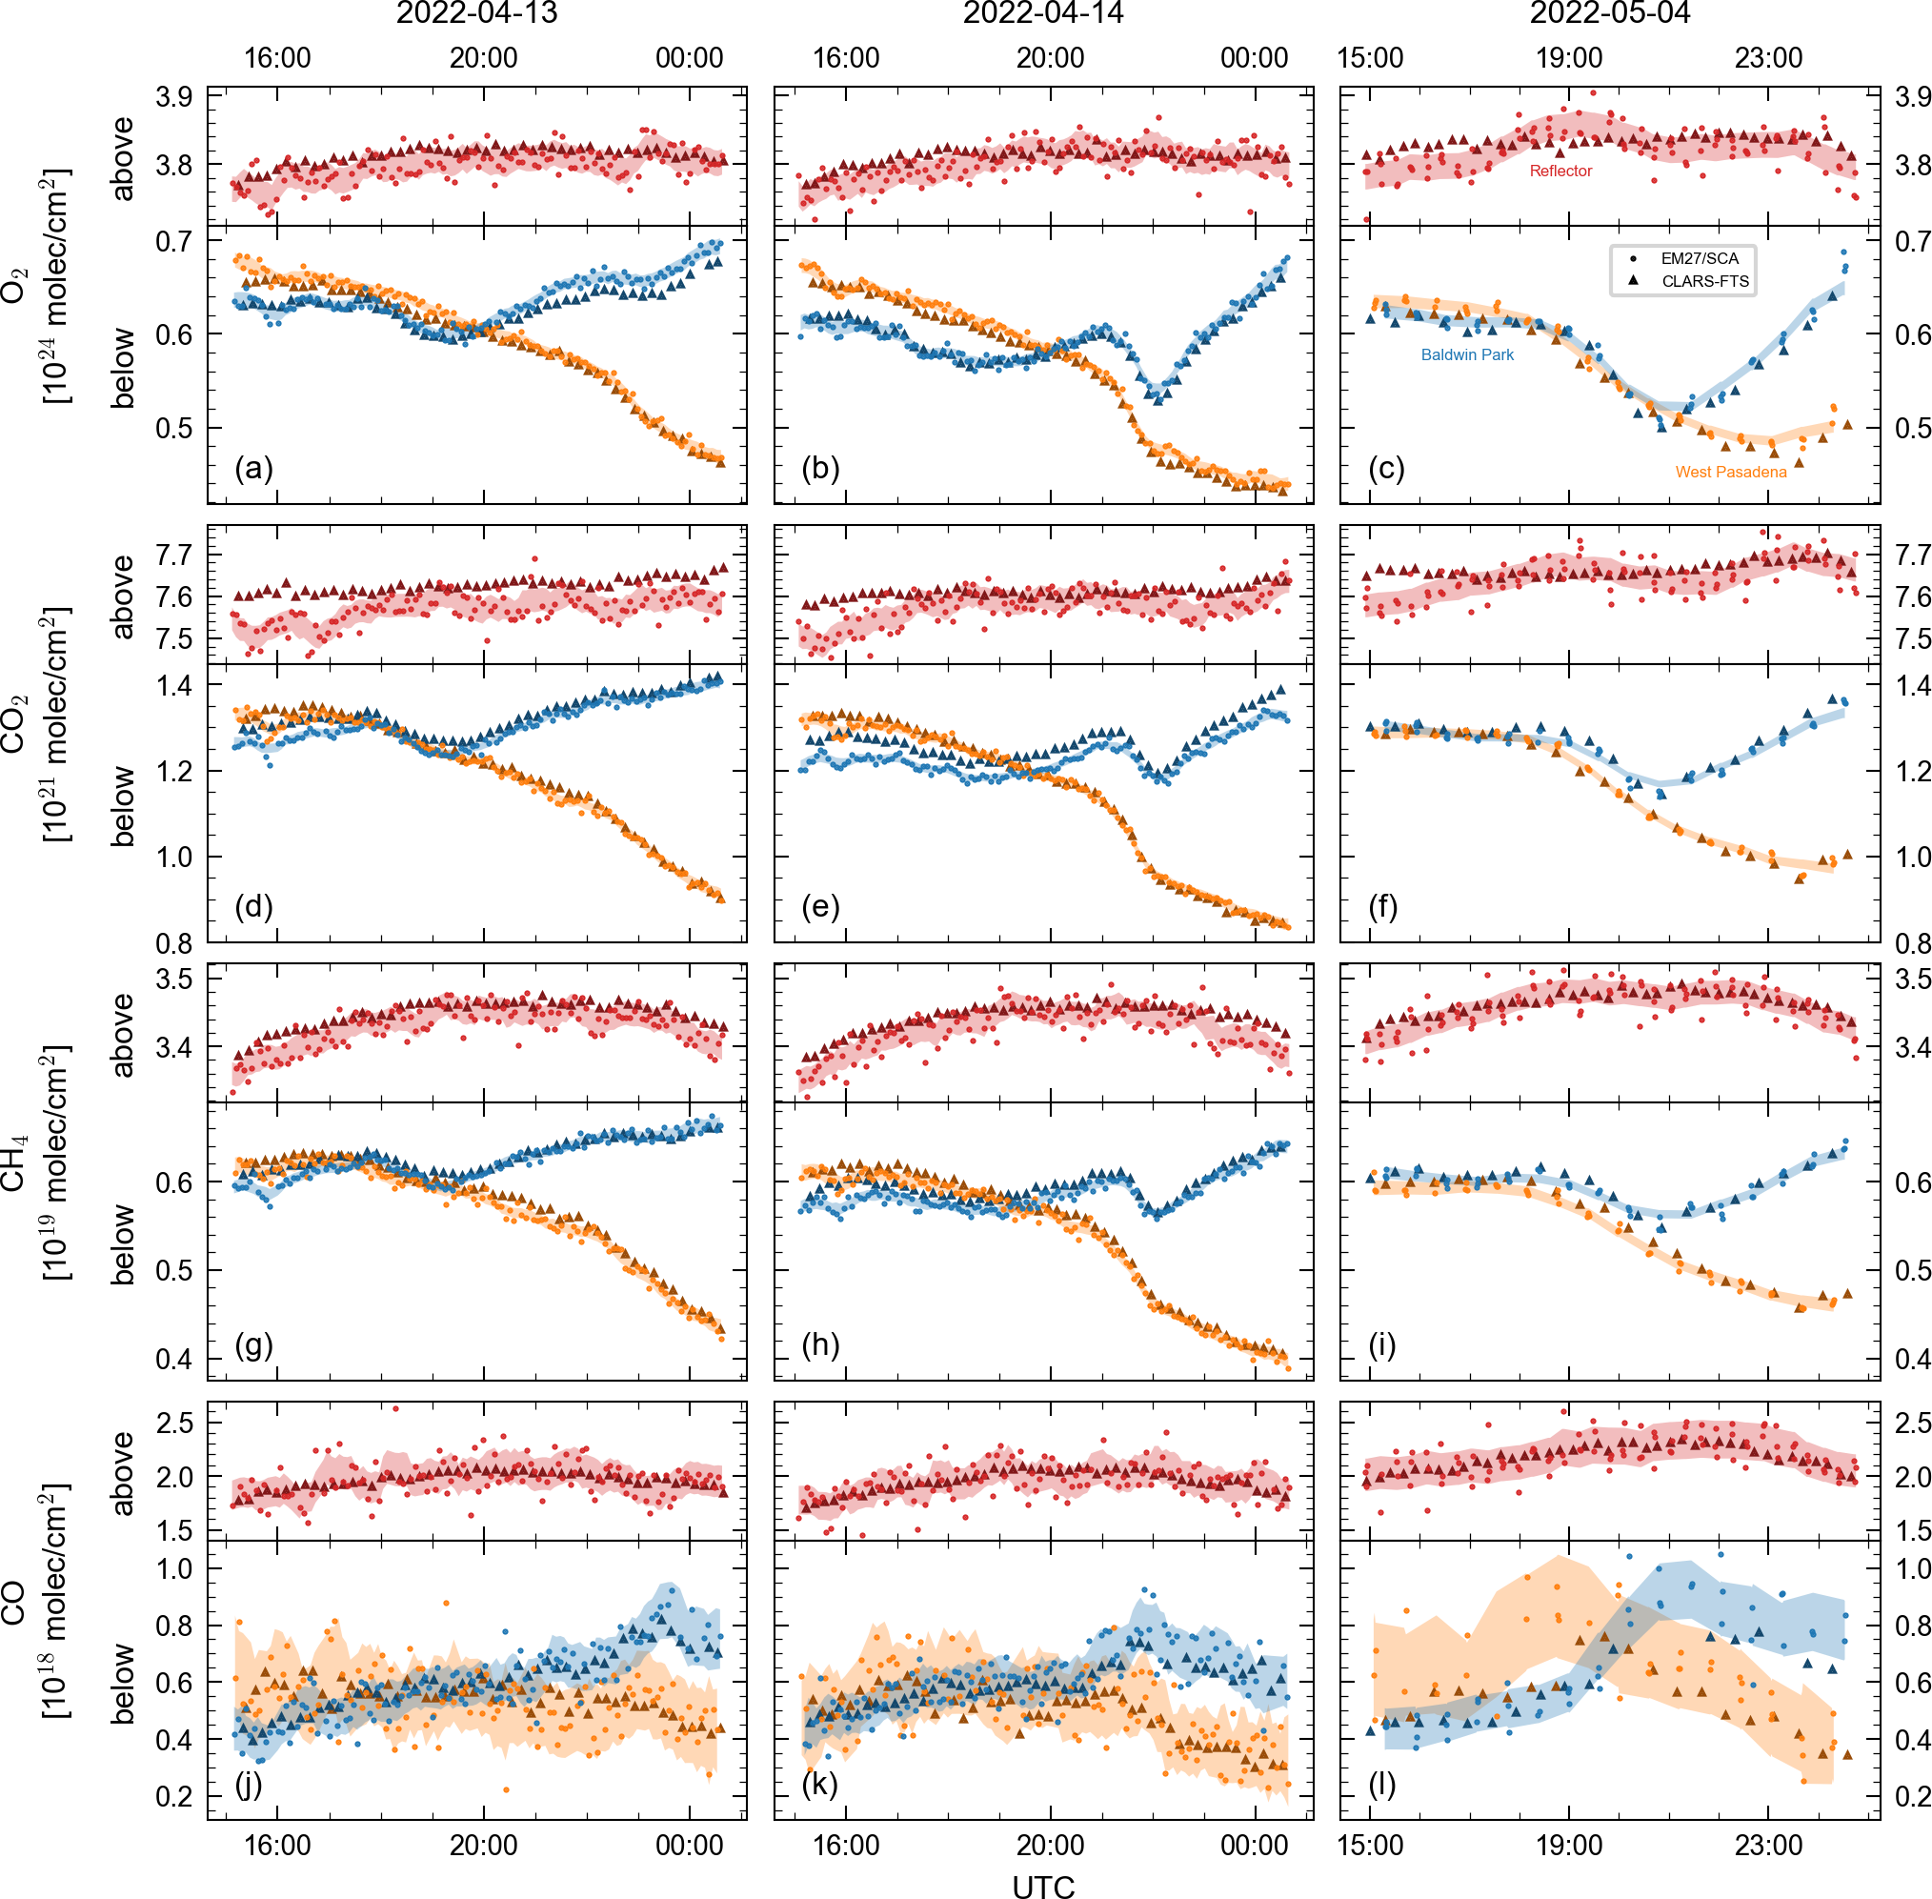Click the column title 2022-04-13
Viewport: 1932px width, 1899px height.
pyautogui.click(x=476, y=14)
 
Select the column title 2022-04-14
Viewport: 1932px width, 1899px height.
pyautogui.click(x=1043, y=14)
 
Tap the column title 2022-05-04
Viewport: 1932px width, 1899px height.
pyautogui.click(x=1610, y=14)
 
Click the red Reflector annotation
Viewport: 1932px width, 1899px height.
pyautogui.click(x=1561, y=172)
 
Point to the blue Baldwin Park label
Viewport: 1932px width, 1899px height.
pyautogui.click(x=1467, y=355)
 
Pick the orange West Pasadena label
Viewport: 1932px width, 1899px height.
pyautogui.click(x=1731, y=473)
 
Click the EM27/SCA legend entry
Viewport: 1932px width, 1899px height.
pyautogui.click(x=1700, y=258)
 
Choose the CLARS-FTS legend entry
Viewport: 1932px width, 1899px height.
pyautogui.click(x=1704, y=281)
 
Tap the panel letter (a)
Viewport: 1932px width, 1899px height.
pyautogui.click(x=253, y=468)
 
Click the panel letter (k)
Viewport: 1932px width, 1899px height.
pyautogui.click(x=820, y=1784)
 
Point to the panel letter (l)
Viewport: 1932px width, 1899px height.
pyautogui.click(x=1382, y=1784)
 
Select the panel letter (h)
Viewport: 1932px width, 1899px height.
pyautogui.click(x=820, y=1345)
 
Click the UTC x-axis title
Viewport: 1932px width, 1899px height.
pyautogui.click(x=1043, y=1885)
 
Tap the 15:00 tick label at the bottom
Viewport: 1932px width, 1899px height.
pyautogui.click(x=1370, y=1845)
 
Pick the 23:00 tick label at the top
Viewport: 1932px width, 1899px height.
pyautogui.click(x=1768, y=58)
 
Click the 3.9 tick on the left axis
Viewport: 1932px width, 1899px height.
pyautogui.click(x=173, y=98)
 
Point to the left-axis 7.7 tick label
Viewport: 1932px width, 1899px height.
pyautogui.click(x=173, y=555)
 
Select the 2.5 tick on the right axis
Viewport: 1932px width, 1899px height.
pyautogui.click(x=1913, y=1424)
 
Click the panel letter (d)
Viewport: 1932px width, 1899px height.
pyautogui.click(x=253, y=906)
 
